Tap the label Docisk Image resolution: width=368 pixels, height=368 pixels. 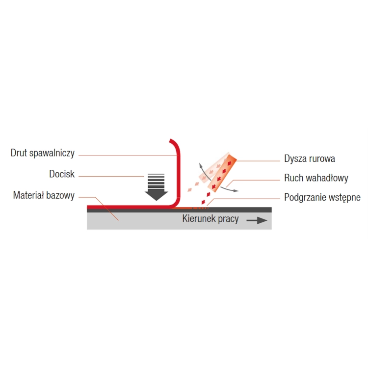(62, 174)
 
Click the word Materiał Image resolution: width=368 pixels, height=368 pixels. (28, 195)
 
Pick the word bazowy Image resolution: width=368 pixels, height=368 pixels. (60, 196)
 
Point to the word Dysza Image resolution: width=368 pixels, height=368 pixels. (294, 159)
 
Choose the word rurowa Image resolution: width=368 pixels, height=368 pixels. (321, 159)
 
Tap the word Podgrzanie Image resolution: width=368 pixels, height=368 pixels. (305, 198)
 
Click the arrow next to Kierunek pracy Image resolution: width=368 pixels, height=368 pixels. (257, 220)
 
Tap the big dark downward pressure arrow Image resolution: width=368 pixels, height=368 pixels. (157, 187)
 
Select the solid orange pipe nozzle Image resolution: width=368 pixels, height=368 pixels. (222, 173)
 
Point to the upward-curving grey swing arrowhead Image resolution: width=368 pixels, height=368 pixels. (201, 166)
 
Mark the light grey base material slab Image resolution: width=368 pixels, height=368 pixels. (179, 221)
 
